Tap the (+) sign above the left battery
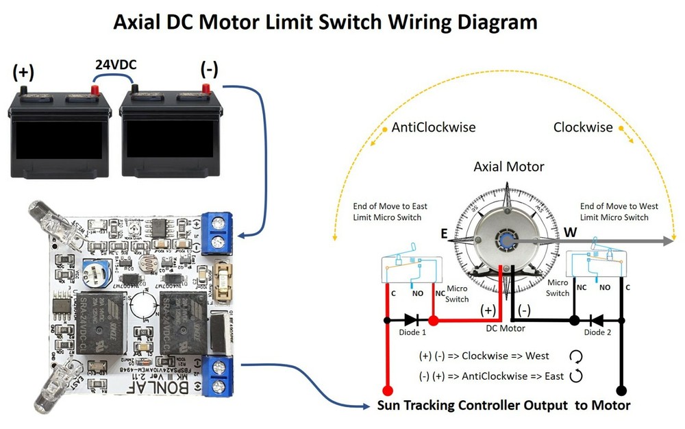[x=23, y=71]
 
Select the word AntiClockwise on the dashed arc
[x=433, y=127]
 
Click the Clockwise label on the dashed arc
[x=583, y=127]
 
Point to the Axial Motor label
[x=509, y=167]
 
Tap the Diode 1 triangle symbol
[x=410, y=320]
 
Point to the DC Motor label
[x=506, y=328]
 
